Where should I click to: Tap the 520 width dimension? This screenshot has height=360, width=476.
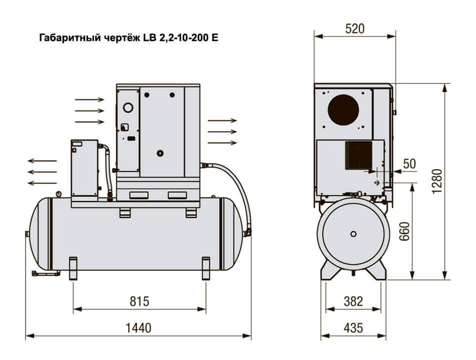[x=354, y=28]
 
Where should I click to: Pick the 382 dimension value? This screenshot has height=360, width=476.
[x=354, y=301]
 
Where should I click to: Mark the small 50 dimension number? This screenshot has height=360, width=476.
[x=409, y=163]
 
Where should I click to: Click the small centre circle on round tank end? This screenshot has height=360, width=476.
[x=354, y=234]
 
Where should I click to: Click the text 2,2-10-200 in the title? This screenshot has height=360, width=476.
[x=185, y=37]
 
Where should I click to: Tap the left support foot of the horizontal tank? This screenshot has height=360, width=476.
[x=74, y=268]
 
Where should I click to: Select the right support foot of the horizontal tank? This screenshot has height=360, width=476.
[x=206, y=268]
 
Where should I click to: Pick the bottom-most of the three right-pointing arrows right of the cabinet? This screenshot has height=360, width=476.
[x=222, y=143]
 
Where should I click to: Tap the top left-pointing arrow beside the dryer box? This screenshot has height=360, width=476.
[x=42, y=161]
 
